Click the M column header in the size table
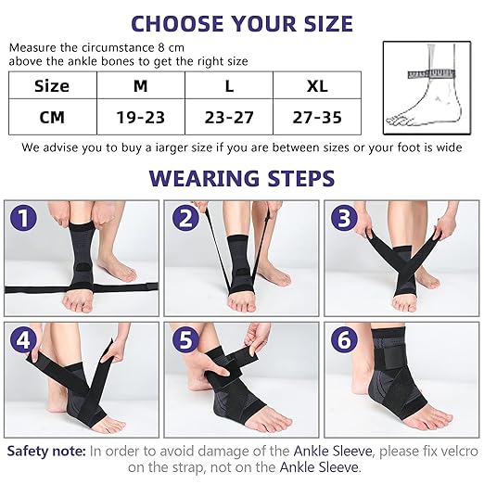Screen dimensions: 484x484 pyautogui.click(x=141, y=85)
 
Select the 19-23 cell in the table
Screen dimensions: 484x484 pyautogui.click(x=141, y=117)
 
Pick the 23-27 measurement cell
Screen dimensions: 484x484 pyautogui.click(x=229, y=117)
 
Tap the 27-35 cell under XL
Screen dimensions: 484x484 pyautogui.click(x=317, y=117)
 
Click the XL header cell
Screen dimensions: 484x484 pyautogui.click(x=317, y=85)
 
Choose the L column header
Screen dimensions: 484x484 pyautogui.click(x=229, y=85)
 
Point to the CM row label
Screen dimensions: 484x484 pyautogui.click(x=53, y=117)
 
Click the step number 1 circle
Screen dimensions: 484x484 pyautogui.click(x=23, y=218)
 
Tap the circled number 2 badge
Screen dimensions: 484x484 pyautogui.click(x=185, y=218)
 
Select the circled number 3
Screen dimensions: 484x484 pyautogui.click(x=344, y=218)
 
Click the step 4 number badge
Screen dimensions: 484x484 pyautogui.click(x=23, y=339)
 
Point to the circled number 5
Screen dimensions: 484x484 pyautogui.click(x=185, y=339)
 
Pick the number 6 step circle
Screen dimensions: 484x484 pyautogui.click(x=344, y=339)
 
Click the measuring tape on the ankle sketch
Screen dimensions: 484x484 pyautogui.click(x=432, y=73)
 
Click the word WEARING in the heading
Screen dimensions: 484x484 pyautogui.click(x=203, y=178)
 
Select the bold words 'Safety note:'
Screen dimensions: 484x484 pyautogui.click(x=46, y=452)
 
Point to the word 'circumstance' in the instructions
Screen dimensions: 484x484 pyautogui.click(x=118, y=47)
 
